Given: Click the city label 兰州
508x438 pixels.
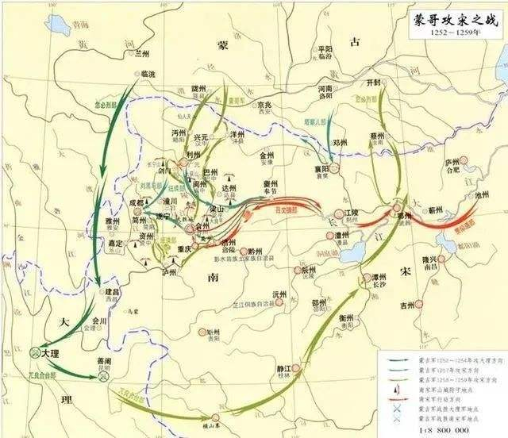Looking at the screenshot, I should click(142, 53).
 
